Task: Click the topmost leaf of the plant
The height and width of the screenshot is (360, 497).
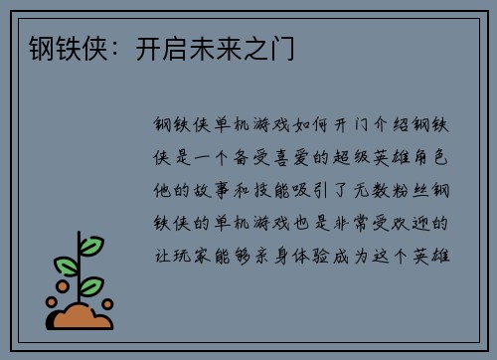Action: click(x=90, y=244)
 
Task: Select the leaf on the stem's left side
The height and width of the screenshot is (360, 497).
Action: click(x=67, y=266)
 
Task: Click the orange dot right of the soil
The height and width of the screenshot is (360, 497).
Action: click(x=107, y=303)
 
